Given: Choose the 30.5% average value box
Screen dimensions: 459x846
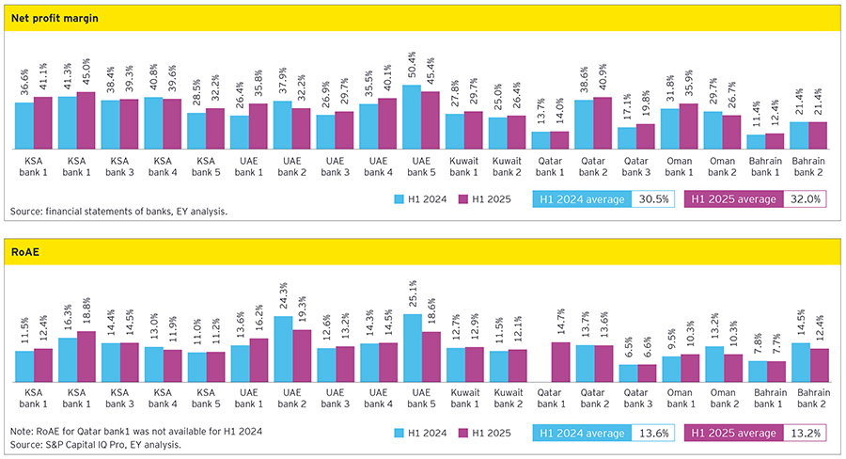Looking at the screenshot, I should (x=652, y=198).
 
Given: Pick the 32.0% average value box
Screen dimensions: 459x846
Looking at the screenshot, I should (x=803, y=198).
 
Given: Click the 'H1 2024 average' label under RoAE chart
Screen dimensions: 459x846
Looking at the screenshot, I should (x=581, y=433).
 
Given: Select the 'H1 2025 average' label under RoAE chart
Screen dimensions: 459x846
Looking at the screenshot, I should (x=733, y=433).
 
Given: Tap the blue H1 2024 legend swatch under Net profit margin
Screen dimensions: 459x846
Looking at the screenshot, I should (x=399, y=198).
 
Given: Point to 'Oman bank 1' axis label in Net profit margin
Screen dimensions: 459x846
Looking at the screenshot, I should (x=680, y=167).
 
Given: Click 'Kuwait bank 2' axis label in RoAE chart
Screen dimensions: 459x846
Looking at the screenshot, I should (x=508, y=397).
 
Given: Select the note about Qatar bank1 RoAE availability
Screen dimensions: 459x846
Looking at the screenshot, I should (x=134, y=431).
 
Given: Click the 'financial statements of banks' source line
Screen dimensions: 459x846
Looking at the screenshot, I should (x=118, y=212).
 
